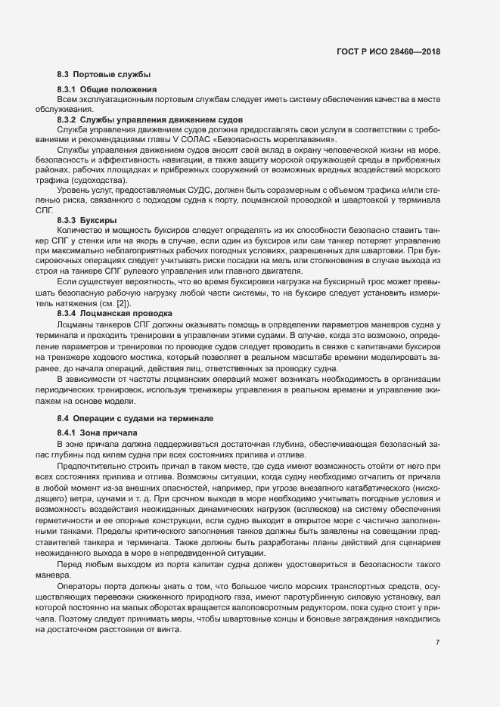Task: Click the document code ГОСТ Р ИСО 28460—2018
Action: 388,51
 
